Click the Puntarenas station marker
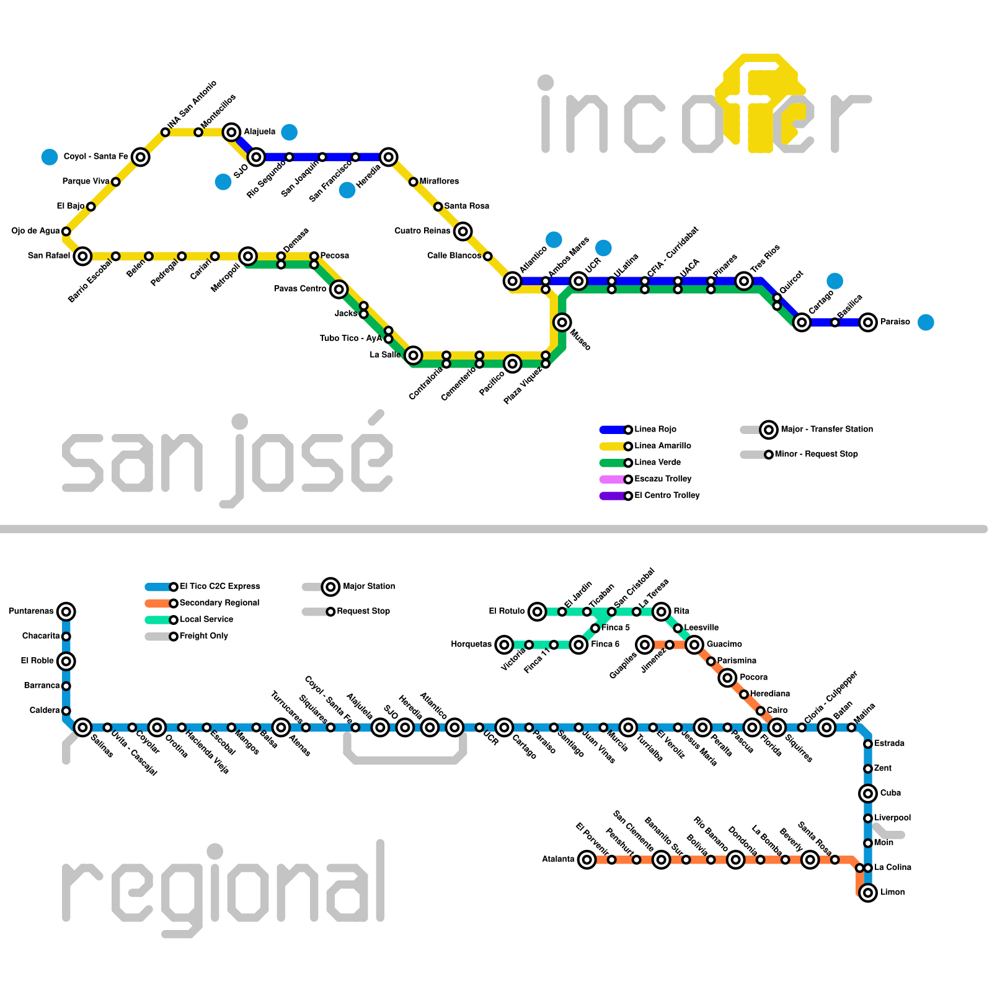coord(66,611)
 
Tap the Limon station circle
coord(868,893)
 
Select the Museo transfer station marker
coord(562,322)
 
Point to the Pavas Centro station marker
coord(339,289)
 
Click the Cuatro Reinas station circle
coord(463,231)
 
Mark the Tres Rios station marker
coord(744,281)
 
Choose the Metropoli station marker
coord(248,255)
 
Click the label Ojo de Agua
coord(35,231)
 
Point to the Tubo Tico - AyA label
coord(351,339)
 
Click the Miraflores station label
coord(439,182)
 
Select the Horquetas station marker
coord(505,645)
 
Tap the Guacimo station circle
coord(695,645)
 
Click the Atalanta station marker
coord(587,859)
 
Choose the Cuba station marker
coord(868,793)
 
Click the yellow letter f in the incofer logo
coord(761,102)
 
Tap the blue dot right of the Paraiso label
coord(926,322)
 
